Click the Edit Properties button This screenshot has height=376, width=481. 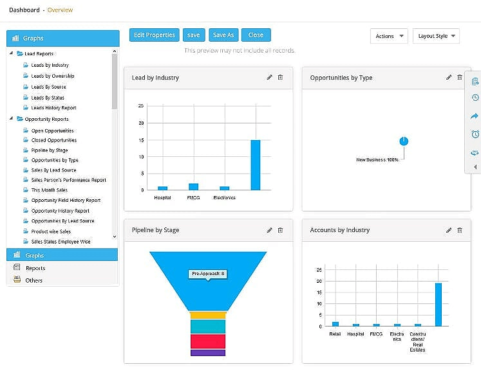pyautogui.click(x=155, y=35)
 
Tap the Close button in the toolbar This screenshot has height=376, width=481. pyautogui.click(x=256, y=35)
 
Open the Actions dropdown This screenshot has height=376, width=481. pyautogui.click(x=389, y=36)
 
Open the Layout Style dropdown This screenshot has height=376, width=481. pyautogui.click(x=436, y=36)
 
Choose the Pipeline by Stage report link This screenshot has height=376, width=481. pyautogui.click(x=50, y=150)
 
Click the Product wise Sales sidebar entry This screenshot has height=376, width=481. pyautogui.click(x=51, y=231)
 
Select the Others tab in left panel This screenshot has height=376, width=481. pyautogui.click(x=33, y=280)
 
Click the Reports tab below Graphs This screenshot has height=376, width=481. pyautogui.click(x=35, y=268)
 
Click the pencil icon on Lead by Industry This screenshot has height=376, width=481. pyautogui.click(x=270, y=77)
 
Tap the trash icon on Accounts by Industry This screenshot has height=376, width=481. pyautogui.click(x=460, y=230)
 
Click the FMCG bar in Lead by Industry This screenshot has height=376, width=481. pyautogui.click(x=193, y=186)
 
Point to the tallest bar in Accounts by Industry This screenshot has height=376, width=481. pyautogui.click(x=438, y=305)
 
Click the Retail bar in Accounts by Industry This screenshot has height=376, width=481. pyautogui.click(x=335, y=324)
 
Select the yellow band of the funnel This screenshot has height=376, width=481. pyautogui.click(x=208, y=315)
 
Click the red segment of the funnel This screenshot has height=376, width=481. pyautogui.click(x=208, y=341)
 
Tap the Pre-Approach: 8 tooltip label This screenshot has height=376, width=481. pyautogui.click(x=207, y=274)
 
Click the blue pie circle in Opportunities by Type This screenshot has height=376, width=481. pyautogui.click(x=404, y=141)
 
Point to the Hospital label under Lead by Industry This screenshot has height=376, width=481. pyautogui.click(x=162, y=197)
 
